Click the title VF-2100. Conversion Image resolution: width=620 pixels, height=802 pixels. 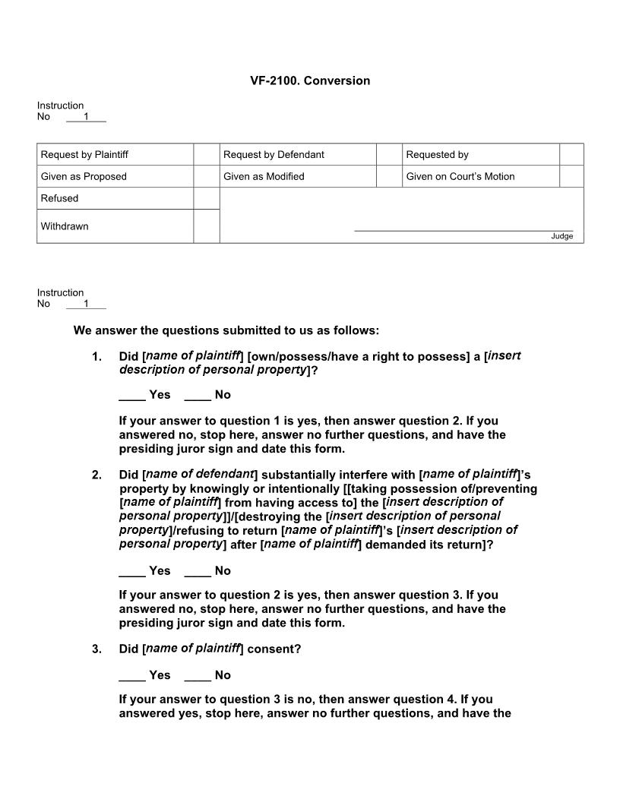(x=310, y=81)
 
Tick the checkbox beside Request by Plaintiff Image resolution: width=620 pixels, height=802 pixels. (x=206, y=155)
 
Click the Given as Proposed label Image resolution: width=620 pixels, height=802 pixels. (x=84, y=177)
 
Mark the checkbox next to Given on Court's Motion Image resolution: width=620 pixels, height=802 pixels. (x=571, y=177)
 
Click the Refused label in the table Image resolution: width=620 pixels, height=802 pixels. (x=59, y=199)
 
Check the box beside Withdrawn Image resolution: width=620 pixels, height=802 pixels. (x=206, y=226)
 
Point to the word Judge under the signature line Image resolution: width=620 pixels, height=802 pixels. (x=561, y=236)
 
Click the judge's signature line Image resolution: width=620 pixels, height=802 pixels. (x=463, y=229)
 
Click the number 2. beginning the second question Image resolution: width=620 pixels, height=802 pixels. (x=96, y=475)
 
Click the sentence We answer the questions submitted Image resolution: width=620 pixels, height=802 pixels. (x=226, y=330)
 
